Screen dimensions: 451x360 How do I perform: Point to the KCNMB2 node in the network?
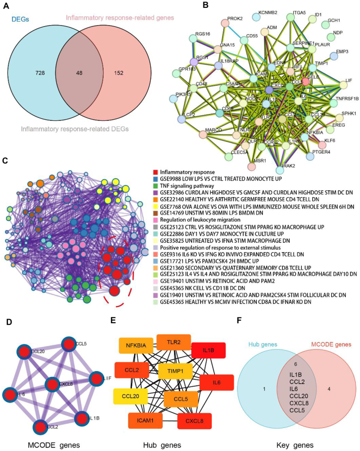[256, 17]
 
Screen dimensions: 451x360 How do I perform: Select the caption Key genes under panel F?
[296, 445]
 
